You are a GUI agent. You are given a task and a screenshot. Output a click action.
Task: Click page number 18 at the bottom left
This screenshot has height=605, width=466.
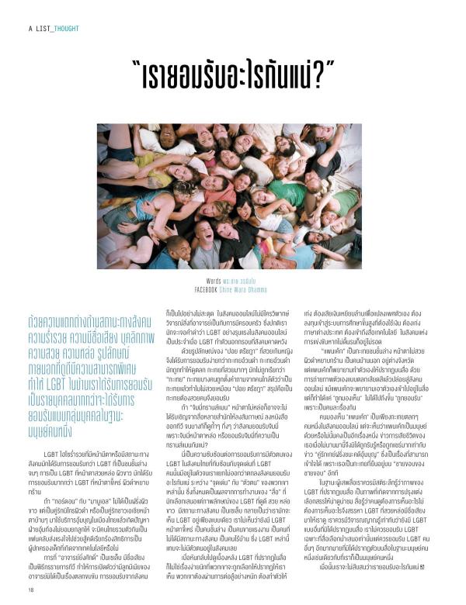click(x=31, y=589)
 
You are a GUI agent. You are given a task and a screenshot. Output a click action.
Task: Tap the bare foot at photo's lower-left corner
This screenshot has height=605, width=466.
click(x=110, y=255)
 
